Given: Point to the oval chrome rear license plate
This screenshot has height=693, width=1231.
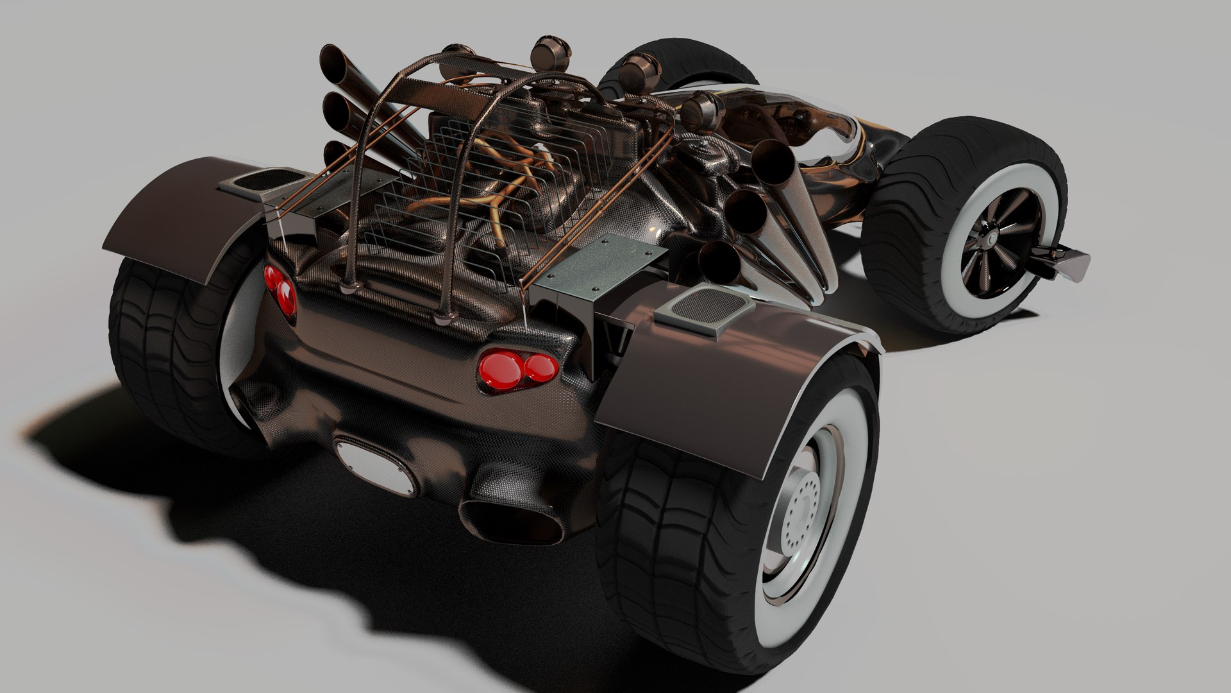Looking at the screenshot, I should [x=376, y=463].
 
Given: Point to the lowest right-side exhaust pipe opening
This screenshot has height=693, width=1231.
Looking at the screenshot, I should [x=714, y=260].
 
